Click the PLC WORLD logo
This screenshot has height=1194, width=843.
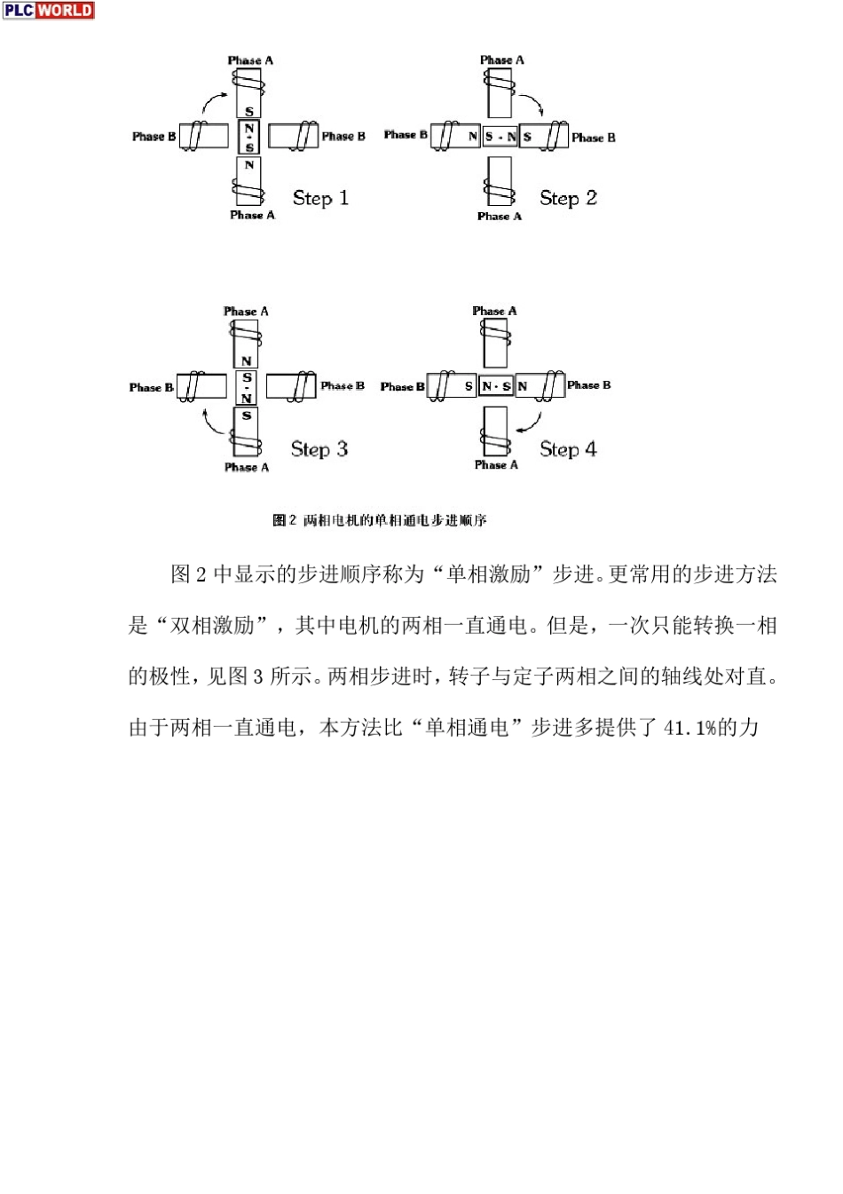pos(48,10)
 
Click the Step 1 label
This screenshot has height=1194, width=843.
pos(320,198)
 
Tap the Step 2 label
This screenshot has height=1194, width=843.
pos(568,198)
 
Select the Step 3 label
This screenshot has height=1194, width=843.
pos(319,449)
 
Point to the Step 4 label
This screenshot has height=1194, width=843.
pos(568,449)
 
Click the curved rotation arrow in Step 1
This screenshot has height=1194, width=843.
pos(215,99)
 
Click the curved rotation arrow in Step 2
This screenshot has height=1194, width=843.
pos(532,105)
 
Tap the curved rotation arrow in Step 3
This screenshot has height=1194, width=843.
pos(213,423)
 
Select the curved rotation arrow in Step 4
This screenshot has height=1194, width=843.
pos(529,422)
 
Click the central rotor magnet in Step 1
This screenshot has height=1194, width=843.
pos(249,137)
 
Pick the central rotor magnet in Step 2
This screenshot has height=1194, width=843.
pos(500,137)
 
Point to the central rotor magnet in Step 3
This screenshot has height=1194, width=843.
pos(247,388)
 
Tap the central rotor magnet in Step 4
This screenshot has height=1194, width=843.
pos(496,386)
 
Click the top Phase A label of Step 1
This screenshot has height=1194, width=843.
pos(250,60)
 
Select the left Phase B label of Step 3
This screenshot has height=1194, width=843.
pos(152,387)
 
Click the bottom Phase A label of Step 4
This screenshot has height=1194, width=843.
pos(496,464)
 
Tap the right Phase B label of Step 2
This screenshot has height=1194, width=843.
pos(593,138)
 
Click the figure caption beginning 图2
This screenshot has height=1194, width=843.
pos(380,520)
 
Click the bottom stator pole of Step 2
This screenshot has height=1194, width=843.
pos(500,181)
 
